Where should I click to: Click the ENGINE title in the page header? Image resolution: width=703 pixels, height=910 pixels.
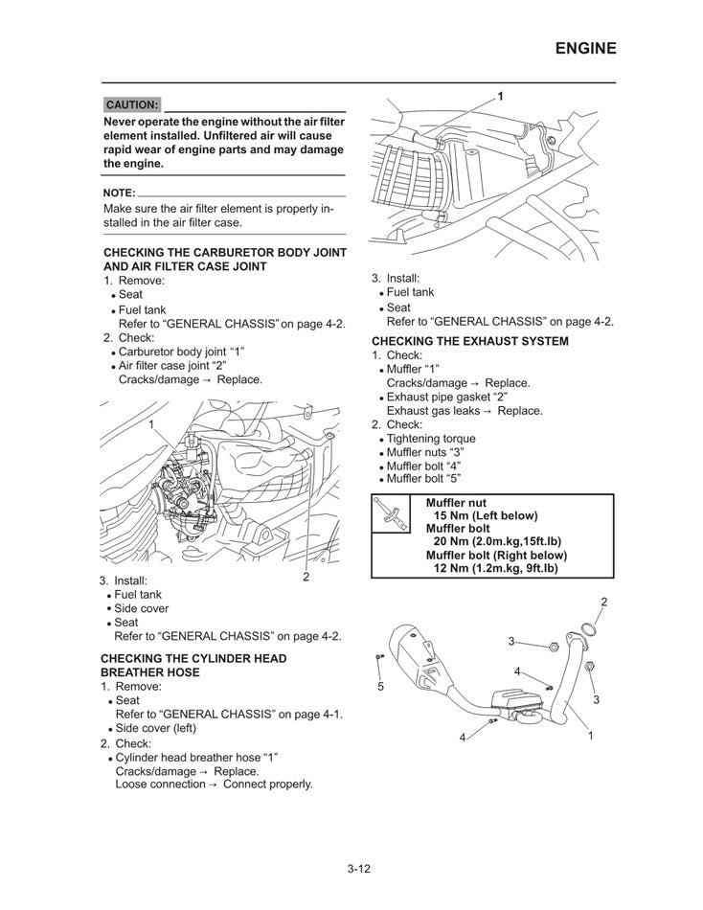click(x=585, y=48)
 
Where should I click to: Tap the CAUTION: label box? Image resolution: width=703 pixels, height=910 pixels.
click(x=131, y=104)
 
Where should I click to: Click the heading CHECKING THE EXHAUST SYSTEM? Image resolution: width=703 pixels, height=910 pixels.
click(x=469, y=341)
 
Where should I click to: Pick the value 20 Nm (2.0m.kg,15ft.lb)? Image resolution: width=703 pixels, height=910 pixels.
click(x=503, y=541)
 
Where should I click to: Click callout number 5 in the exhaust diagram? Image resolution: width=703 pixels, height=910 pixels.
click(x=380, y=687)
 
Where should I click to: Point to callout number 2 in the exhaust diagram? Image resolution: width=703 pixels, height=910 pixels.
click(x=604, y=601)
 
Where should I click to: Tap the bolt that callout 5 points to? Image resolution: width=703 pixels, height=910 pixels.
click(x=381, y=656)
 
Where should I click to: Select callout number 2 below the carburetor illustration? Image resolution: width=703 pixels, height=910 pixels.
click(x=306, y=577)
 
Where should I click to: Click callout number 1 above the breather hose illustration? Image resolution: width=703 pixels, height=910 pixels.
click(x=500, y=96)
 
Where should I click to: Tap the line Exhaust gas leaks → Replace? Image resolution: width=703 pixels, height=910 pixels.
click(x=464, y=411)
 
